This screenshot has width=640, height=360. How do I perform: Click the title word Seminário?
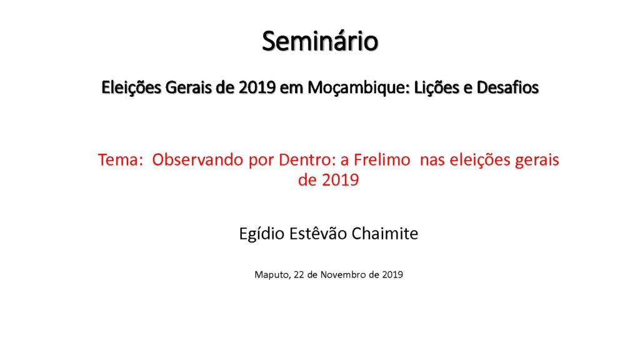pyautogui.click(x=320, y=41)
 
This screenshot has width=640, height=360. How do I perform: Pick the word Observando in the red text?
pyautogui.click(x=198, y=159)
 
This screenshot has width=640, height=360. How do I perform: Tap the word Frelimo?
pyautogui.click(x=382, y=159)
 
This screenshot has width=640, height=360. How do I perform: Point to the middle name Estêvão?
pyautogui.click(x=318, y=234)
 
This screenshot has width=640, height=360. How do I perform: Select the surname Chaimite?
pyautogui.click(x=385, y=234)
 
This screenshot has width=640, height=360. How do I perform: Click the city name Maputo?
pyautogui.click(x=272, y=275)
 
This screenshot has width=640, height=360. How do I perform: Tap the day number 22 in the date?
pyautogui.click(x=299, y=275)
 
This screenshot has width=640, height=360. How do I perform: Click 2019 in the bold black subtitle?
pyautogui.click(x=257, y=87)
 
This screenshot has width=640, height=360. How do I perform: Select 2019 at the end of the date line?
pyautogui.click(x=392, y=275)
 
